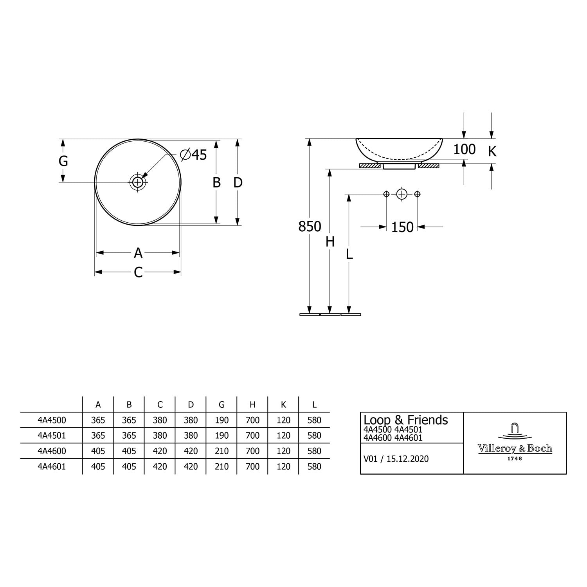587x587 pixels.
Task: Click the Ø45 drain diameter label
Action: (193, 155)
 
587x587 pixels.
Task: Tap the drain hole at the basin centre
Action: (138, 182)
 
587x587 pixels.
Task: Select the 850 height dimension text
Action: (310, 227)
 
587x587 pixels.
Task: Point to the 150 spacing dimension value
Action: (402, 227)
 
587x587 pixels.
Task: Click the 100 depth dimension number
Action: (465, 149)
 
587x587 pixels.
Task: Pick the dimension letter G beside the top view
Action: (63, 161)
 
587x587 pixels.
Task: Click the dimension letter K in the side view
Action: (492, 151)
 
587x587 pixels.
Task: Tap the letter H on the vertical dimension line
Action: (330, 242)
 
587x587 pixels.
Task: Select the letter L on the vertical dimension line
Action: (349, 254)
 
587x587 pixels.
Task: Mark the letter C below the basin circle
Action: (138, 272)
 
